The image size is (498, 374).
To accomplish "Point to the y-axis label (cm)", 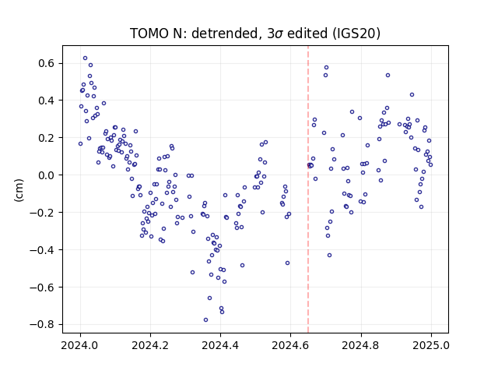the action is pyautogui.click(x=19, y=190).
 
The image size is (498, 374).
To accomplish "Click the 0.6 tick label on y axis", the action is pyautogui.click(x=47, y=63).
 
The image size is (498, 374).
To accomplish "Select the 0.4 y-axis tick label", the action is pyautogui.click(x=47, y=101).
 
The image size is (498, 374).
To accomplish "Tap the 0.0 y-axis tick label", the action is pyautogui.click(x=47, y=175).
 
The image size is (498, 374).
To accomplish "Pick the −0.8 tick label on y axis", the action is pyautogui.click(x=42, y=325).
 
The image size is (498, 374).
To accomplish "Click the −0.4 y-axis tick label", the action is pyautogui.click(x=42, y=250).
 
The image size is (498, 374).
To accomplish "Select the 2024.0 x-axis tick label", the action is pyautogui.click(x=80, y=345).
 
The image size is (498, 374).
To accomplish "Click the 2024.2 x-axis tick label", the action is pyautogui.click(x=150, y=345).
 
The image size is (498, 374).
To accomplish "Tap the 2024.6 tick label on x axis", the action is pyautogui.click(x=290, y=345).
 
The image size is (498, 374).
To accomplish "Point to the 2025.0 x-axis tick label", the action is pyautogui.click(x=431, y=345).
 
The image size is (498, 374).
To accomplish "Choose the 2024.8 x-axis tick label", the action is pyautogui.click(x=361, y=345).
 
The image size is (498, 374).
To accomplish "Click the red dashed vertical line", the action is pyautogui.click(x=308, y=189).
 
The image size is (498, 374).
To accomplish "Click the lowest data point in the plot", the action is pyautogui.click(x=205, y=320).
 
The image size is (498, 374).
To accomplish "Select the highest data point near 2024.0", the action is pyautogui.click(x=85, y=58).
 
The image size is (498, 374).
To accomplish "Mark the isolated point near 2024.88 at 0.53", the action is pyautogui.click(x=388, y=76).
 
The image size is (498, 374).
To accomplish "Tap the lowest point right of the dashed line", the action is pyautogui.click(x=330, y=255).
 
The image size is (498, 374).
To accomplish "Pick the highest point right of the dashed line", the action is pyautogui.click(x=326, y=68).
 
